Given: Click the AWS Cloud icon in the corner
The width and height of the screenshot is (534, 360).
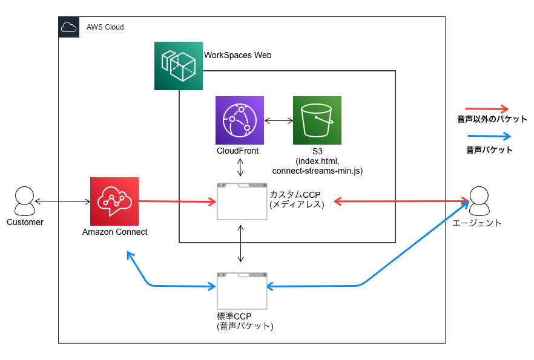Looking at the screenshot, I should [68, 27].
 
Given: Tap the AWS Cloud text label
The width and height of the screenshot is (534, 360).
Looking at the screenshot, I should [105, 28].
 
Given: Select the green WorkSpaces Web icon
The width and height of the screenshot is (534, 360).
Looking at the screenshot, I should [179, 66].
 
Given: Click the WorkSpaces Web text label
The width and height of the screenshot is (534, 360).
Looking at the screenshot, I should [237, 55].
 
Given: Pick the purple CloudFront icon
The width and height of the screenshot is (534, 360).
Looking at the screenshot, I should [240, 120].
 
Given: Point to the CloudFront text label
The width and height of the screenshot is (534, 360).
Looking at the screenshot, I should [237, 151].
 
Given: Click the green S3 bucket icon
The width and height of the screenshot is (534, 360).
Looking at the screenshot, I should [317, 120].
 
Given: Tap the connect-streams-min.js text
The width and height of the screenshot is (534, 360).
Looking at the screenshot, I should [317, 171].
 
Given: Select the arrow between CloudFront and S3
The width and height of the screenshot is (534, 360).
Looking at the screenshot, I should [279, 120].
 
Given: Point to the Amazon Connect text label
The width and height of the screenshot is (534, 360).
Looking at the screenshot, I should [114, 232].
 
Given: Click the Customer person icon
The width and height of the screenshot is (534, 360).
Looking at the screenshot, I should [25, 201].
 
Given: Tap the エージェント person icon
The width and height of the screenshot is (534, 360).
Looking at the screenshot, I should [478, 201].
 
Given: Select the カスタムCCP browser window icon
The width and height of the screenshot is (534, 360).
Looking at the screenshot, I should [242, 201].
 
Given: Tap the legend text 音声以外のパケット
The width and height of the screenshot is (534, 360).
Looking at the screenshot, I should [492, 119].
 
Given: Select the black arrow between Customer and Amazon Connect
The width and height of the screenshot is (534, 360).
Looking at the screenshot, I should [62, 201].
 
